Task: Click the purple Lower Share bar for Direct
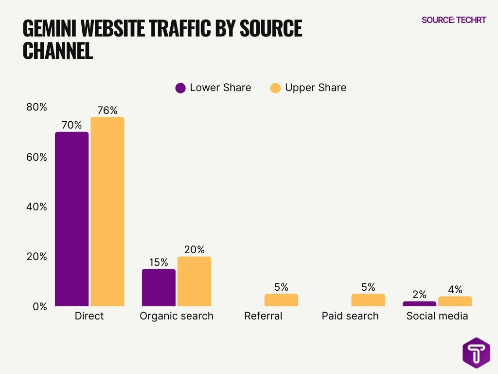tap(71, 219)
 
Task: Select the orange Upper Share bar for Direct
tap(107, 212)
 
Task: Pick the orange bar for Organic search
tap(194, 281)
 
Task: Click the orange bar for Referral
tap(281, 300)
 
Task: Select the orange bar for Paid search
tap(368, 300)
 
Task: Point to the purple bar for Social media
tap(419, 304)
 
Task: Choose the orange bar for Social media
tap(455, 301)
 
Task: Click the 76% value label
tap(107, 111)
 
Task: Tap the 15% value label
tap(159, 262)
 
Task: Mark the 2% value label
tap(419, 295)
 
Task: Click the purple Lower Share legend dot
tap(180, 88)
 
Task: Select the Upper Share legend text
tap(316, 88)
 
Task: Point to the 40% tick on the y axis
tap(37, 207)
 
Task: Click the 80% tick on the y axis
tap(37, 107)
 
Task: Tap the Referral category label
tap(263, 316)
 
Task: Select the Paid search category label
tap(350, 316)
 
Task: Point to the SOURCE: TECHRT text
tap(454, 20)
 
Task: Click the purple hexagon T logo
tap(476, 353)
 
